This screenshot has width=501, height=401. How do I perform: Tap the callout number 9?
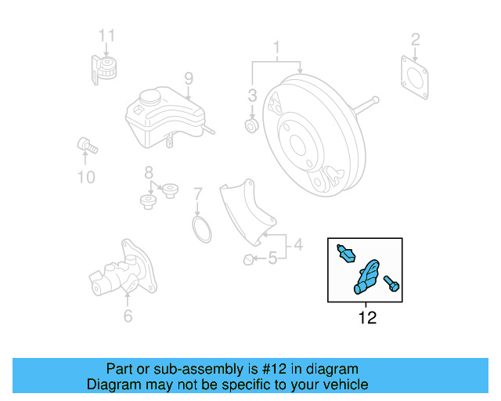(x=188, y=78)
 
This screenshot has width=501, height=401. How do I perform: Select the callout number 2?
(x=416, y=38)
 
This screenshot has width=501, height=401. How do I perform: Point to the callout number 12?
(x=366, y=318)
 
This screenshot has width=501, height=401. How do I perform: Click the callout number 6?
(x=128, y=316)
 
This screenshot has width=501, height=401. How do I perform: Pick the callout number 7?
(x=198, y=193)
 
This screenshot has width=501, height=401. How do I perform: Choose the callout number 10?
(x=85, y=177)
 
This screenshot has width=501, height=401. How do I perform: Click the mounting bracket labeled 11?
(x=103, y=68)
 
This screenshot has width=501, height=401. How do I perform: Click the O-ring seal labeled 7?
(x=202, y=232)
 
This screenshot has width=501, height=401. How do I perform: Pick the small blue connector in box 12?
(x=345, y=252)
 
